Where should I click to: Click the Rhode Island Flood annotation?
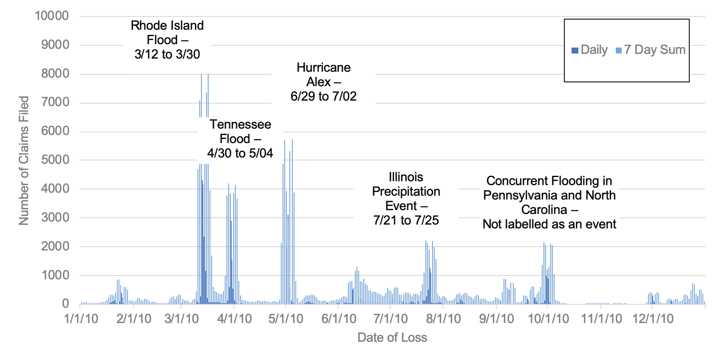[x=167, y=40]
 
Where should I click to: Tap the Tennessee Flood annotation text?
[x=240, y=139]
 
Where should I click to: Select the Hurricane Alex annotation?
[x=323, y=82]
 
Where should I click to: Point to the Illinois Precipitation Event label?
[x=406, y=198]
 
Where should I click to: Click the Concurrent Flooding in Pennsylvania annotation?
[x=549, y=202]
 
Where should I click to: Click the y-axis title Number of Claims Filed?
[x=24, y=160]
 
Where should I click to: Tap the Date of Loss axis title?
[x=392, y=337]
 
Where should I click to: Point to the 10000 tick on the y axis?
[x=52, y=16]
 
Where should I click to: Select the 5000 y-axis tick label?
[x=55, y=160]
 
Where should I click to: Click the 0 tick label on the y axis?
[x=65, y=304]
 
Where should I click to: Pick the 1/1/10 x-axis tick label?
[x=81, y=319]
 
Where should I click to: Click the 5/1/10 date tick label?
[x=285, y=319]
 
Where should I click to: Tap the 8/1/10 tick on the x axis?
[x=443, y=319]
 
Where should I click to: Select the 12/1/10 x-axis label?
[x=653, y=319]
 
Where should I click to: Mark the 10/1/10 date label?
[x=548, y=319]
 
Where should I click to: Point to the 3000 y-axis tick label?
[x=55, y=217]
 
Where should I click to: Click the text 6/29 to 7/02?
[x=323, y=96]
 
